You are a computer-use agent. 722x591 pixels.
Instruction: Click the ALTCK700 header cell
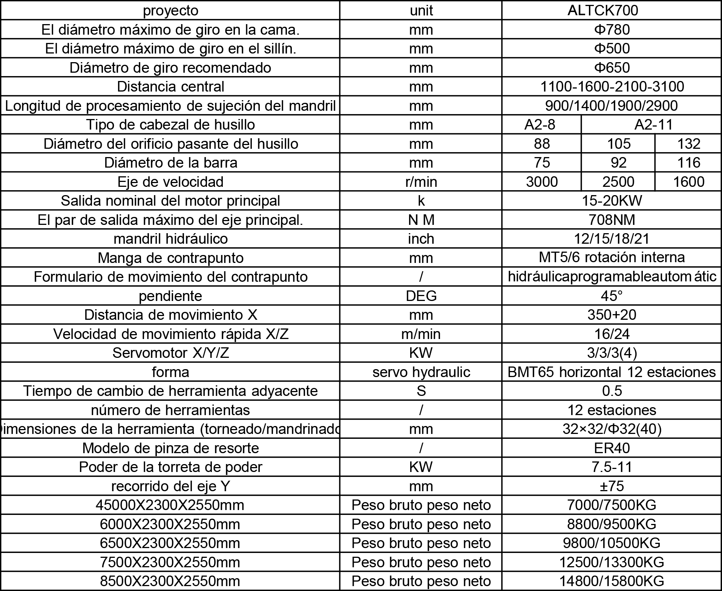point(611,10)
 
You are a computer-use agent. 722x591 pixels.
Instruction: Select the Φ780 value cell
point(611,29)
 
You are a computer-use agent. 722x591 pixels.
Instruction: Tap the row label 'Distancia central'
point(170,87)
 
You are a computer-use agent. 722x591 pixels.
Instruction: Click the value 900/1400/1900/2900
point(611,106)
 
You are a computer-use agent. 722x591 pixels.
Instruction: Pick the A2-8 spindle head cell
point(541,125)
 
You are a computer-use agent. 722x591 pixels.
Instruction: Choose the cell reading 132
point(688,144)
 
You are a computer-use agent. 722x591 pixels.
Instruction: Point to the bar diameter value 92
point(618,163)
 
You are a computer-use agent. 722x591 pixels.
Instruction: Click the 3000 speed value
point(541,182)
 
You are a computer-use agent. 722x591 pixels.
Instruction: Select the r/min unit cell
point(421,182)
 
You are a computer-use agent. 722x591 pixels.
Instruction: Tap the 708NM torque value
point(611,220)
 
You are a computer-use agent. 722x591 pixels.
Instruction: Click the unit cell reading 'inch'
point(421,239)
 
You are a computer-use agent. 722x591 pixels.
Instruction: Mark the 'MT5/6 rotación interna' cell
point(611,258)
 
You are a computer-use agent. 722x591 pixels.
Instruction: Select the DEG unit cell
point(421,296)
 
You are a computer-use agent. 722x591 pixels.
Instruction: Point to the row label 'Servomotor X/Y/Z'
point(170,353)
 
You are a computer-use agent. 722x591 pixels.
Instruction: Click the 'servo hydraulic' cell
point(421,372)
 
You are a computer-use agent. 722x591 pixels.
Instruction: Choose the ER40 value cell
point(611,448)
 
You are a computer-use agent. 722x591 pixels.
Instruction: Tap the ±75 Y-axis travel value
point(611,486)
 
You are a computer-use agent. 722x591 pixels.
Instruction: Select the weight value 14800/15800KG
point(611,581)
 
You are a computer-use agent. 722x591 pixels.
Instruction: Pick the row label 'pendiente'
point(170,296)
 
